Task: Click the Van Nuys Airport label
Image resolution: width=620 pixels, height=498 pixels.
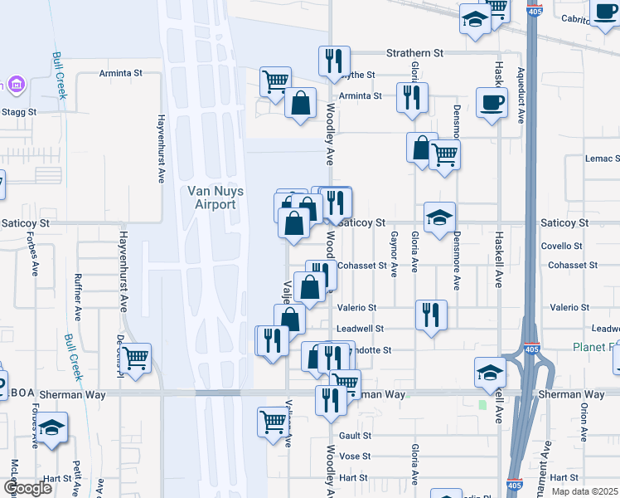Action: [216, 198]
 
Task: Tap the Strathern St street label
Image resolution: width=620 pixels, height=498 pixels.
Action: [414, 53]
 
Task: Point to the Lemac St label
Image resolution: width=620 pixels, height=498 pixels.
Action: [602, 159]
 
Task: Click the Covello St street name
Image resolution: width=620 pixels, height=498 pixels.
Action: [562, 247]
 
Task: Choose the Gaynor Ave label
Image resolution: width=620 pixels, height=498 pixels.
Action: [395, 251]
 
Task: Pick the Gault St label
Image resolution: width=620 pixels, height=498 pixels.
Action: [354, 435]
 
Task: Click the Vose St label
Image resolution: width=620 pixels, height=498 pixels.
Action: [354, 456]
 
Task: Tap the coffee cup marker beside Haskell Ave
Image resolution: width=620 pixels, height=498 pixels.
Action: [492, 104]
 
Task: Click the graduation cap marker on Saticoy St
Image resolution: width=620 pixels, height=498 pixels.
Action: [439, 217]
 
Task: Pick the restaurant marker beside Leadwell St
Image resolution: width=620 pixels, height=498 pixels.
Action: [431, 315]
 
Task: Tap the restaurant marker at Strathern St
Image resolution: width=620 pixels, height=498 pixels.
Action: [335, 61]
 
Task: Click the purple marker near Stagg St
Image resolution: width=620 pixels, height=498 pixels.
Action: [14, 85]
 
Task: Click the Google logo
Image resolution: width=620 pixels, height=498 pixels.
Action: [27, 488]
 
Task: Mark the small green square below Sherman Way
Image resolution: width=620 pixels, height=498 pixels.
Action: [482, 406]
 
